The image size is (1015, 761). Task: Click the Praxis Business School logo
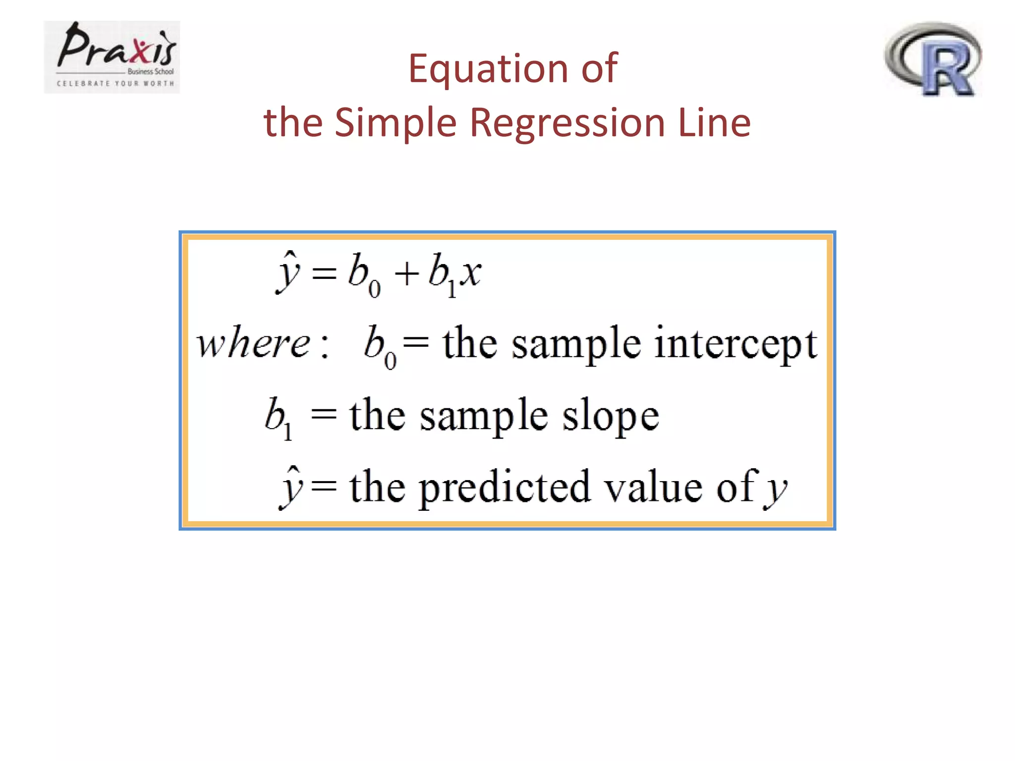[112, 56]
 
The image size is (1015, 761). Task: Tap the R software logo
[934, 59]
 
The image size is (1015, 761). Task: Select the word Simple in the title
[395, 123]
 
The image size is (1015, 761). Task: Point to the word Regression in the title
[567, 123]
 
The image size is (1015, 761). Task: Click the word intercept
[735, 344]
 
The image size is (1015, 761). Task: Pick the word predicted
[505, 488]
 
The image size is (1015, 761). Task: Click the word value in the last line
[654, 488]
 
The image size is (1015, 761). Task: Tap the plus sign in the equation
[406, 274]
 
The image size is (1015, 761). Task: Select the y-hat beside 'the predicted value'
[291, 488]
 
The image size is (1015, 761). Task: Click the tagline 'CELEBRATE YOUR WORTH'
[115, 83]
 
